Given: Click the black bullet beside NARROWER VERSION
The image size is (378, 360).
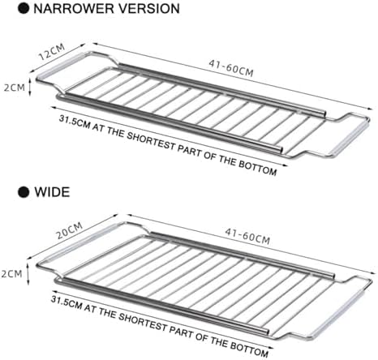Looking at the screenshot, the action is (x=24, y=8).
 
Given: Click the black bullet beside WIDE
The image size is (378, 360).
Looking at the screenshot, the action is (x=24, y=192).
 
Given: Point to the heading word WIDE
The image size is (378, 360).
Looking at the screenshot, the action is (x=52, y=192).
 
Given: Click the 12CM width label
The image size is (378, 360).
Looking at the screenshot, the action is (x=52, y=52).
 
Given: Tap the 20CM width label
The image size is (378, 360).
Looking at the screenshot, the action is (x=70, y=230).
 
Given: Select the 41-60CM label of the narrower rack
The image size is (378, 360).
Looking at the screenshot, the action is (x=231, y=68).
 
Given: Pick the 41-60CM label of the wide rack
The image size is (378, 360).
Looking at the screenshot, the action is (x=247, y=236).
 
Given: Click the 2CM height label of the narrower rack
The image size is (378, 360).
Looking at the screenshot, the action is (x=14, y=88).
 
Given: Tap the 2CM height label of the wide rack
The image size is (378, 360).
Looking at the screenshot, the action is (x=11, y=274).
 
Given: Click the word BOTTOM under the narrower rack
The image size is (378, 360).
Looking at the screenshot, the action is (x=258, y=168).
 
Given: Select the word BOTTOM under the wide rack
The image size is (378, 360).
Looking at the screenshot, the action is (x=249, y=349).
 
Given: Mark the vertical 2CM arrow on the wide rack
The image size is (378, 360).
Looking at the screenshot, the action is (x=28, y=274).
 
